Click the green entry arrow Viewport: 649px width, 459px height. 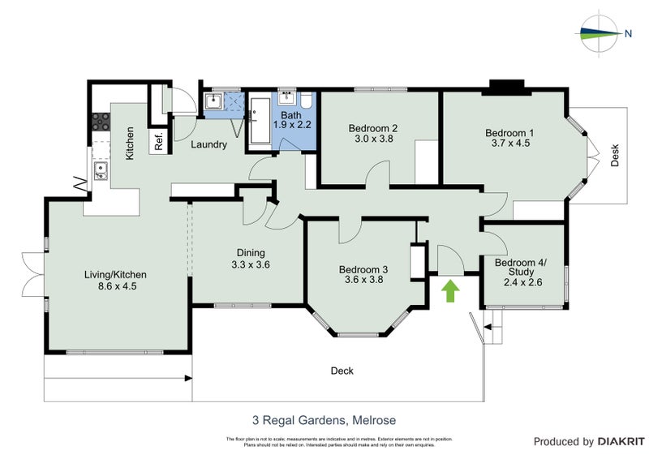(x=449, y=290)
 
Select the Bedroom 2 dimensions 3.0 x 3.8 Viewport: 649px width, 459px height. (x=372, y=139)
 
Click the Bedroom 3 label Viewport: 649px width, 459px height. (x=363, y=269)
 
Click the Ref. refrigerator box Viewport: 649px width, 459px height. (x=158, y=141)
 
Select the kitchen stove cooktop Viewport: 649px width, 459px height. (x=101, y=122)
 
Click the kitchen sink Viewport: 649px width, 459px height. (x=101, y=171)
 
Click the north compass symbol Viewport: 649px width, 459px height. (x=601, y=33)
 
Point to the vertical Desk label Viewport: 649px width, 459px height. (x=615, y=154)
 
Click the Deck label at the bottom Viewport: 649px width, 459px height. (x=342, y=371)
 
